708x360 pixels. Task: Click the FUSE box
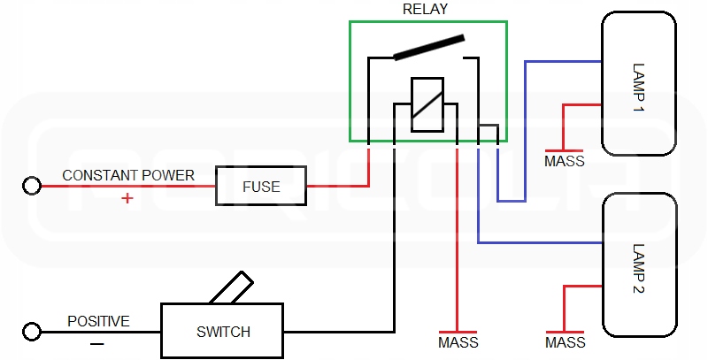pos(261,187)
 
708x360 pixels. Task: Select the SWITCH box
pos(223,332)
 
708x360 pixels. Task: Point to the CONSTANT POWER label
pos(128,175)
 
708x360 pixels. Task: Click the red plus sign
pos(127,198)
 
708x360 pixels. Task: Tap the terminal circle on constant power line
pos(32,186)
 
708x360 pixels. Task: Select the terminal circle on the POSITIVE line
pos(32,332)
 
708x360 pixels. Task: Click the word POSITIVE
pos(98,321)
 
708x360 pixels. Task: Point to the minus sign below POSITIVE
pos(97,341)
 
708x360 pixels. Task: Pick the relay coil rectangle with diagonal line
pos(427,104)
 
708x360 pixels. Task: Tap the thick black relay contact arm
pos(429,48)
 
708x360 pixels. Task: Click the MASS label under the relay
pos(458,342)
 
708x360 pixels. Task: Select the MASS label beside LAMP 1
pos(564,161)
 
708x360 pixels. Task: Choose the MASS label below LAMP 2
pos(565,342)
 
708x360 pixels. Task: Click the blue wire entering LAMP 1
pos(562,62)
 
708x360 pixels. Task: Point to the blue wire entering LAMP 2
pos(540,242)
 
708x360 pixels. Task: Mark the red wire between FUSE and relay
pos(337,186)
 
